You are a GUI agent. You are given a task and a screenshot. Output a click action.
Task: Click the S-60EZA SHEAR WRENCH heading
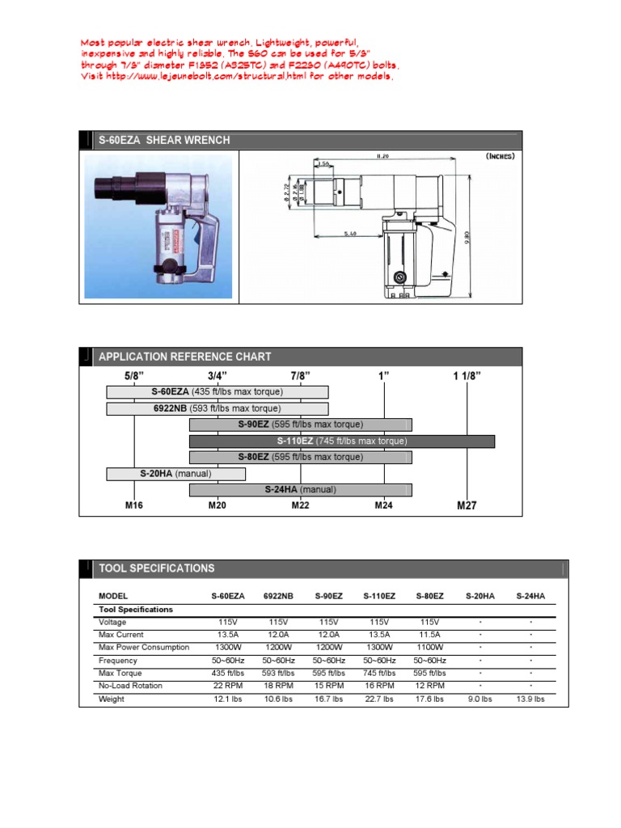click(x=163, y=140)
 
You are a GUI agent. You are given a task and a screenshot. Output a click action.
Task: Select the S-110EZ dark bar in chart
click(x=341, y=441)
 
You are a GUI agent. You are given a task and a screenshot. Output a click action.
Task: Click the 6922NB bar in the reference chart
click(x=217, y=408)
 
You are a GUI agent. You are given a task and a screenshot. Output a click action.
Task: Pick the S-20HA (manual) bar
click(x=175, y=473)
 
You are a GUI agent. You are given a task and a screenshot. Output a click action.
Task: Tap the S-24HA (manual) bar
click(x=300, y=489)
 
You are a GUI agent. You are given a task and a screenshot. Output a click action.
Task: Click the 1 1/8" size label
click(x=467, y=375)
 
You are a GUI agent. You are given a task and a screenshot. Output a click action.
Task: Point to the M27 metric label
click(x=467, y=505)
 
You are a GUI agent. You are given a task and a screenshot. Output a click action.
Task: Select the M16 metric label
click(x=133, y=505)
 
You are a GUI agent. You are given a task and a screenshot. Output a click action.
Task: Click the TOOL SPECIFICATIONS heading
click(x=156, y=568)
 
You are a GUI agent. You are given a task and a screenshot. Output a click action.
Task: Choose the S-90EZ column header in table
click(x=328, y=596)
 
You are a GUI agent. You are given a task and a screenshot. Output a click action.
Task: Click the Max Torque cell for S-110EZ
click(x=379, y=673)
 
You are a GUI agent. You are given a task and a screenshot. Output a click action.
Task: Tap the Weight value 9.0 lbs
click(x=479, y=699)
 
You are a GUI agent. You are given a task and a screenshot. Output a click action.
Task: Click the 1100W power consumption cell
click(x=429, y=648)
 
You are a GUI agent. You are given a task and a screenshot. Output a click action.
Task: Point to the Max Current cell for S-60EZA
click(x=227, y=635)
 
